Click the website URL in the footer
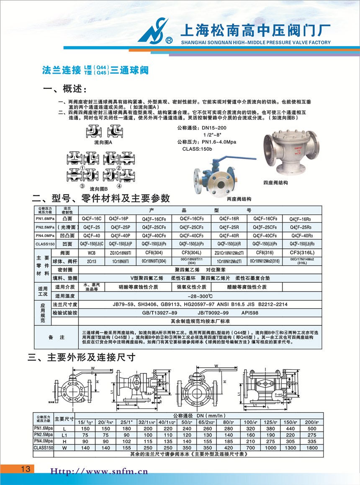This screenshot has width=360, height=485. [99, 471]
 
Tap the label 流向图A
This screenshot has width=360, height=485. [101, 142]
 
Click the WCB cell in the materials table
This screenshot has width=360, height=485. [91, 253]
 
